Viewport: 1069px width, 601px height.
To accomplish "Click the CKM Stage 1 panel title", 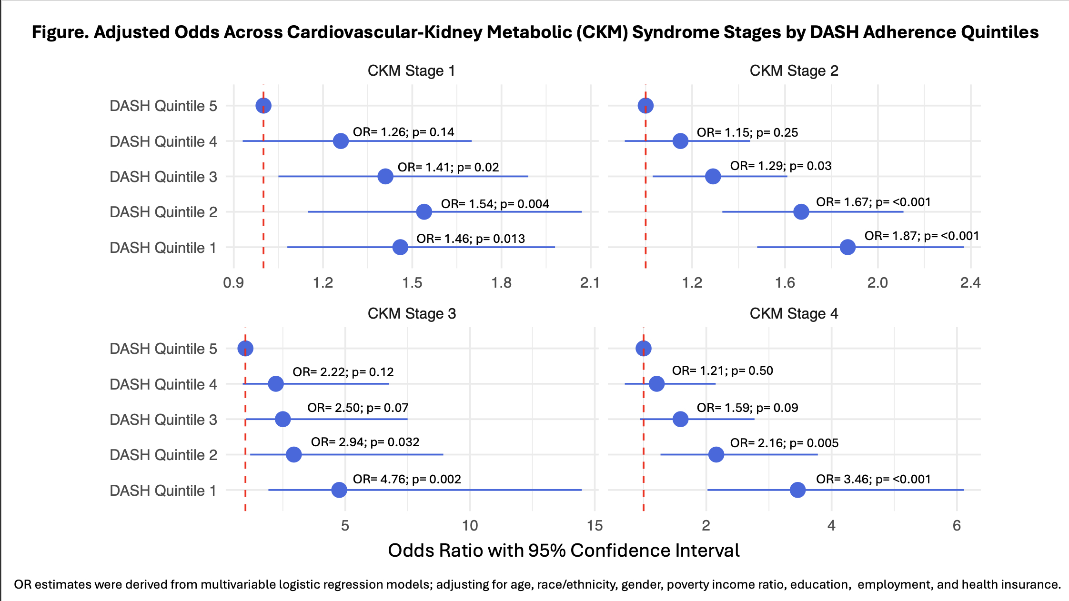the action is tap(412, 71).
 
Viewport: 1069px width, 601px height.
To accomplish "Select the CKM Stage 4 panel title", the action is tap(794, 314).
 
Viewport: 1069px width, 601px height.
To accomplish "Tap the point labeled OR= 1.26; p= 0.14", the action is tap(341, 141).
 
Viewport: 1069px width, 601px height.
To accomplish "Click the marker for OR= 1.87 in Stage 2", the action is tap(847, 247).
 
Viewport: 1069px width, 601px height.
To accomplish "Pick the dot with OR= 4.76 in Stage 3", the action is tap(339, 490).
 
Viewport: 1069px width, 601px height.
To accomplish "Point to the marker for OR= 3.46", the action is tap(797, 490).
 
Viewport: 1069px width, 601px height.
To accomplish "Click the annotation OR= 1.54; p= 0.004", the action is tap(495, 204).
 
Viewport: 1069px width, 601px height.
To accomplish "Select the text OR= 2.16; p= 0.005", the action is tap(784, 443).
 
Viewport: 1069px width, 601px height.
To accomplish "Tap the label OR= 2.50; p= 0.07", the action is tap(358, 408).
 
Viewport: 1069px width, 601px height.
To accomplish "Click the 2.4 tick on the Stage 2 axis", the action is tap(970, 283).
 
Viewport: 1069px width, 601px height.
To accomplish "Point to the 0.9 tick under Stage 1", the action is tap(233, 283).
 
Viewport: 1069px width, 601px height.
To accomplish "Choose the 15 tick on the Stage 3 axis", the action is tap(595, 526).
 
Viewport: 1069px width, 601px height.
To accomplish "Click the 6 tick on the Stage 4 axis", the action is tap(957, 526).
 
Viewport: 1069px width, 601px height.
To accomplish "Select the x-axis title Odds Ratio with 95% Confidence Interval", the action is tap(564, 551).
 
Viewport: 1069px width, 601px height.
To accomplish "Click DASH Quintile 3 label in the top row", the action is tap(163, 177).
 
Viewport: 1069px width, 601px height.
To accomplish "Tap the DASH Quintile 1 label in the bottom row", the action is tap(163, 491).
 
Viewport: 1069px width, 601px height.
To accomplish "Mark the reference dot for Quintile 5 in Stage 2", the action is tap(645, 105).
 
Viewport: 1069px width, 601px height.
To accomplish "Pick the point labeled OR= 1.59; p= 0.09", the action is tap(680, 419).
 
